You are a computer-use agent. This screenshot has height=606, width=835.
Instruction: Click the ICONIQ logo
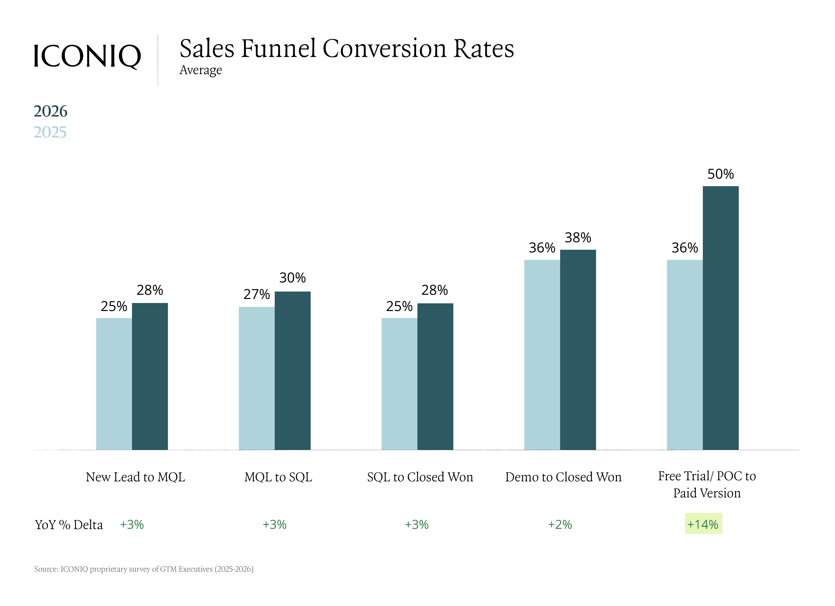[87, 56]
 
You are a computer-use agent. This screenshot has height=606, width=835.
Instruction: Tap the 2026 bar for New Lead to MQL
[150, 376]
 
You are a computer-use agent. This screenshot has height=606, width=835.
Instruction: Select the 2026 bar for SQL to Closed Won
[435, 376]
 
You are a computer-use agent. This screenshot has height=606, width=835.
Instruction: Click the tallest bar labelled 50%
[720, 318]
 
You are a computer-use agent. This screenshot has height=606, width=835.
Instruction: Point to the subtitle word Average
[201, 70]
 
